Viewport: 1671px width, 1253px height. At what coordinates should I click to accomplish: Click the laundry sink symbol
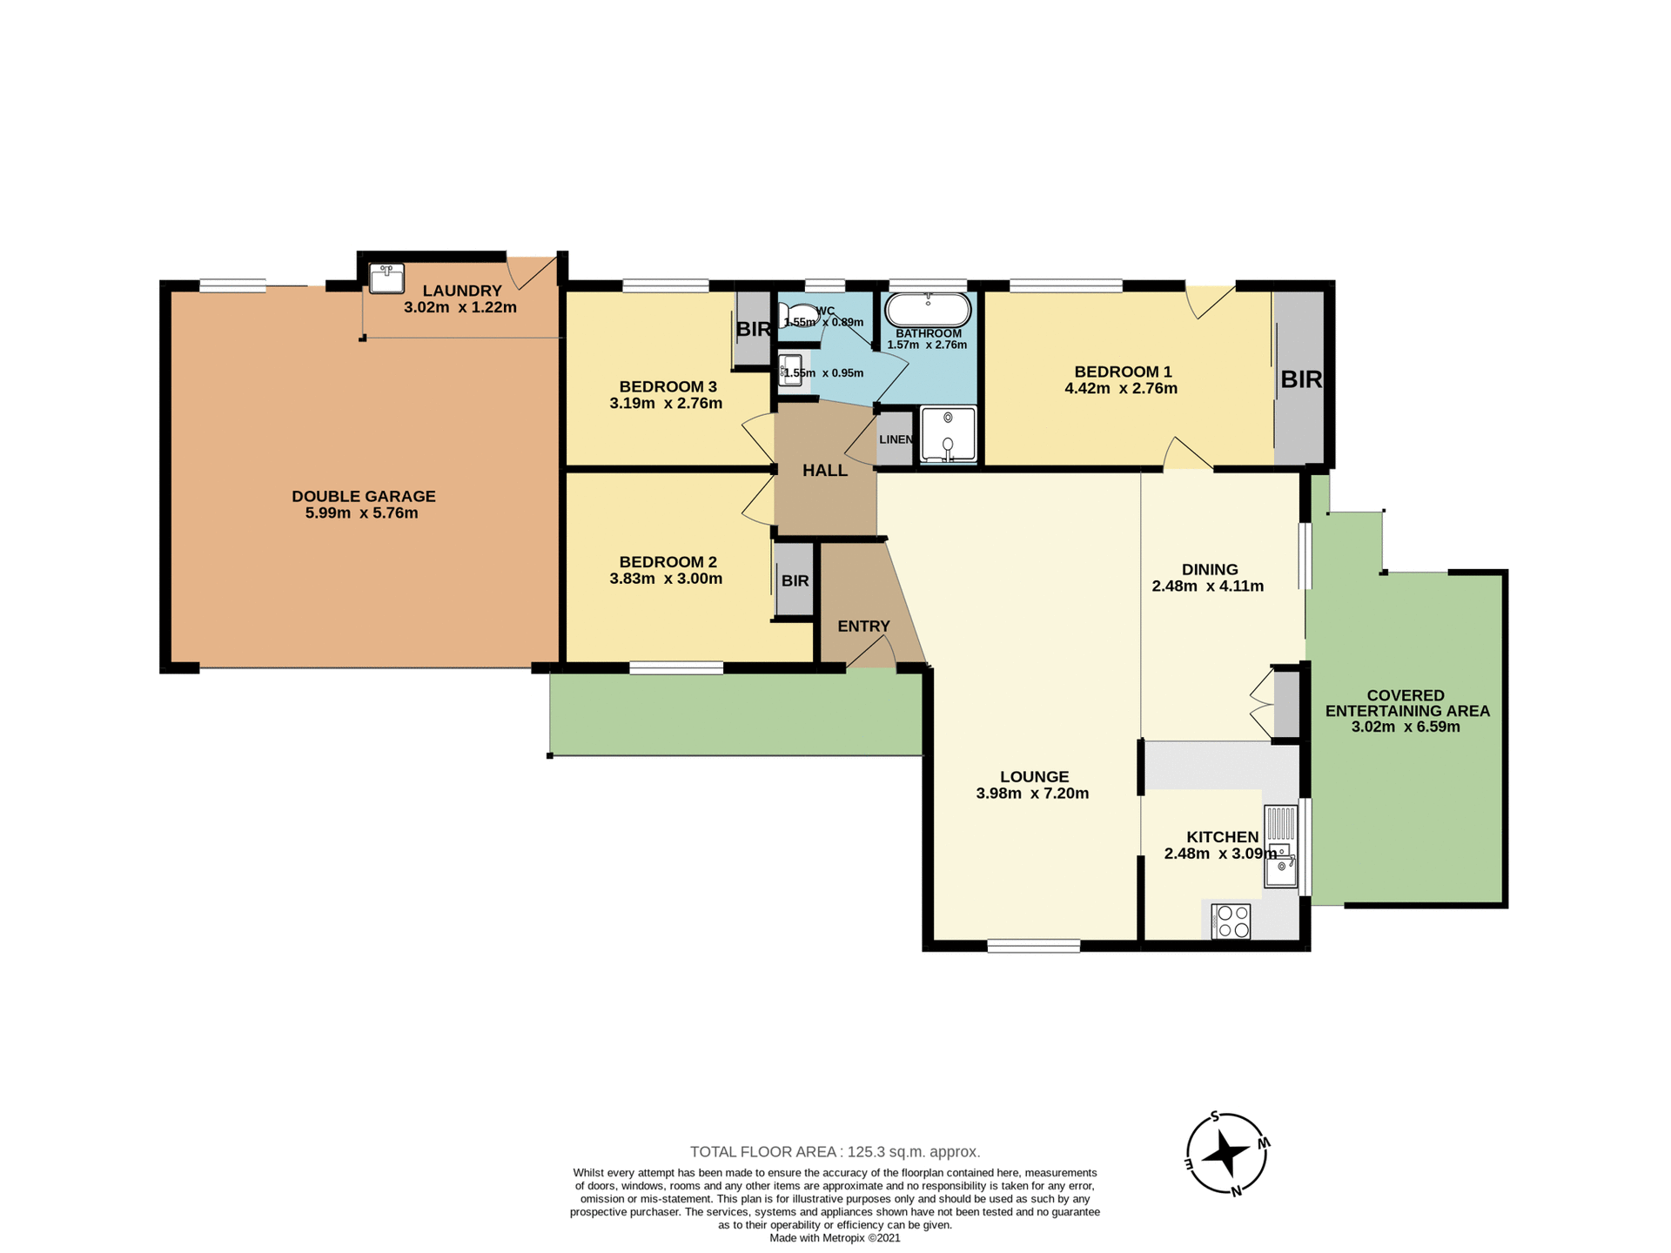tap(386, 278)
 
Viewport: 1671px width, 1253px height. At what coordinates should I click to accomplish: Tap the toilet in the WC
tap(795, 314)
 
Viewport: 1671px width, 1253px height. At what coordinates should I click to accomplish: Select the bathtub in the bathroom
tap(928, 309)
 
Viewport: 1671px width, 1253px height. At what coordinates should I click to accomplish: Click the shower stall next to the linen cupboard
tap(948, 434)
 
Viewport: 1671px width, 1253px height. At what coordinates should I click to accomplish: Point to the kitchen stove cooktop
tap(1231, 921)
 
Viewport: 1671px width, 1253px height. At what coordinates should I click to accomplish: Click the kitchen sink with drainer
tap(1280, 846)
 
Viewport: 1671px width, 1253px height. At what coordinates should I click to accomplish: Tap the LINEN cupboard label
tap(896, 439)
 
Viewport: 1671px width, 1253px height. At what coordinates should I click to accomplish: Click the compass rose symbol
tap(1226, 1154)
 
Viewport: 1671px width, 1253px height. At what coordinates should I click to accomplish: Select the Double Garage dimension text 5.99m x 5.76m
tap(361, 513)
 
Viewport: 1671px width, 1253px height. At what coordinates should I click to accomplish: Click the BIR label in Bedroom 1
tap(1300, 379)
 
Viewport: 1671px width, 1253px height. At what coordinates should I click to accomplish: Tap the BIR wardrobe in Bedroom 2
tap(794, 580)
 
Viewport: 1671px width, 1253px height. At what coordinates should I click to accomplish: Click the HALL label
tap(824, 471)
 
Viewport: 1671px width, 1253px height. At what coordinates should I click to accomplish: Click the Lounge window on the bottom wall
tap(1033, 946)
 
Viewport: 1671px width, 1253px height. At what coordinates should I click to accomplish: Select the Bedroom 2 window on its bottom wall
tap(676, 668)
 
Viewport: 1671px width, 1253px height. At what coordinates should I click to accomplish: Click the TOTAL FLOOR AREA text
tap(835, 1152)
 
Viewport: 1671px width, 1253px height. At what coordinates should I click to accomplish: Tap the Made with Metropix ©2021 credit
tap(835, 1237)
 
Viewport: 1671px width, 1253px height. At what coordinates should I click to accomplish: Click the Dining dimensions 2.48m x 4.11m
tap(1207, 586)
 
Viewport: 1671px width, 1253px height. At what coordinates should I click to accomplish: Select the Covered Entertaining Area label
tap(1406, 703)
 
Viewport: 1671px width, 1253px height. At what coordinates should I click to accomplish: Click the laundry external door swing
tap(529, 271)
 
